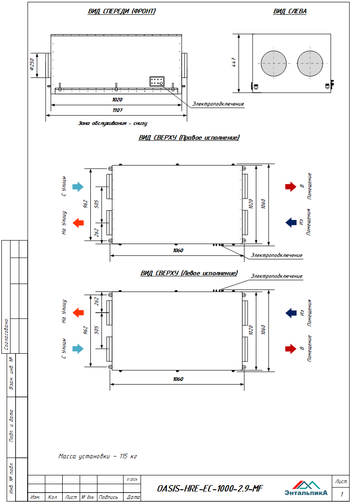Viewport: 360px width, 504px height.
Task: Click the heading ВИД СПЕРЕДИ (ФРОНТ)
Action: click(122, 12)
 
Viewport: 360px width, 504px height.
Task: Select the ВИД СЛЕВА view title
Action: click(289, 12)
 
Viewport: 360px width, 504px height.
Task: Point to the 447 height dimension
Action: click(234, 63)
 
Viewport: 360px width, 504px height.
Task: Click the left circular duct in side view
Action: click(273, 63)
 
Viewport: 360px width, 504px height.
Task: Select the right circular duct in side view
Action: click(310, 63)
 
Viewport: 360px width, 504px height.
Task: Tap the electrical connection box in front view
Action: click(157, 82)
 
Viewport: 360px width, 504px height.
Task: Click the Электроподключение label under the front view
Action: click(218, 104)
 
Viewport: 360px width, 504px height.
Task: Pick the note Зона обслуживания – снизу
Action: click(113, 123)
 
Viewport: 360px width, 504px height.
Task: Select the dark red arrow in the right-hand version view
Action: click(290, 186)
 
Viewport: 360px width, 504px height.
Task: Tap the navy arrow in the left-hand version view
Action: click(290, 313)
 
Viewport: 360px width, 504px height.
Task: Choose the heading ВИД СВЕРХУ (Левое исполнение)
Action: click(189, 273)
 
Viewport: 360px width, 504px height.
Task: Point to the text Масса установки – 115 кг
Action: click(98, 457)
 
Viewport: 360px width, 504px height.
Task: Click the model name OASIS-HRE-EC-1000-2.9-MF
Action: click(210, 488)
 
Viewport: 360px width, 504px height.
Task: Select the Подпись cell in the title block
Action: click(108, 498)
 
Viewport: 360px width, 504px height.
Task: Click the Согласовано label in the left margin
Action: click(6, 334)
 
